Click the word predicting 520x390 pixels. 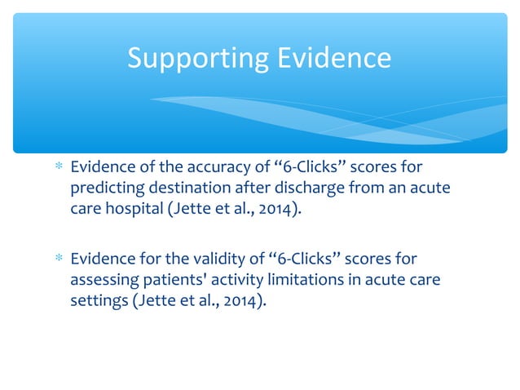(x=100, y=188)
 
